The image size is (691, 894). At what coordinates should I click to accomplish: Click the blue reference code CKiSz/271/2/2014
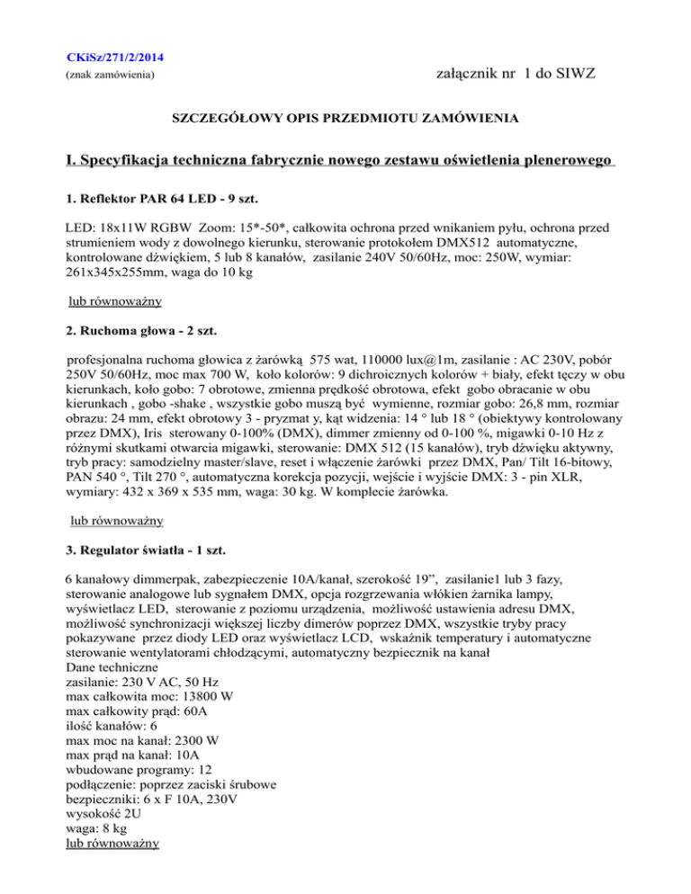click(x=115, y=58)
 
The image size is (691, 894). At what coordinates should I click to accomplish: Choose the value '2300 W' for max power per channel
click(x=211, y=746)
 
